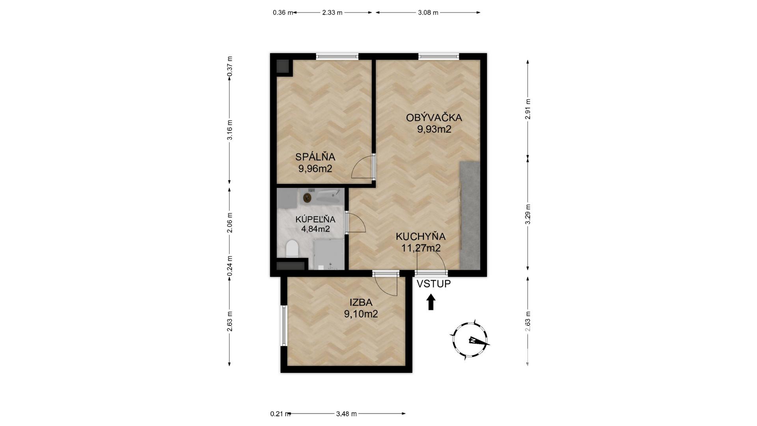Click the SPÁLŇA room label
click(315, 157)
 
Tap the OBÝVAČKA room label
click(434, 118)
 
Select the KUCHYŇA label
click(421, 236)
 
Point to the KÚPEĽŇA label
click(315, 219)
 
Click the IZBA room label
click(361, 303)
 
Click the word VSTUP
click(434, 284)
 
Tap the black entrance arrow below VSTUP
click(431, 302)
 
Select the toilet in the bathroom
click(292, 248)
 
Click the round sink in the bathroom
click(308, 197)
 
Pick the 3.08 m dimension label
click(428, 13)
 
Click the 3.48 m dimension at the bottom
click(347, 414)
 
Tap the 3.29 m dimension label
click(528, 214)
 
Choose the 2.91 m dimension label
click(528, 109)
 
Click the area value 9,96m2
click(315, 169)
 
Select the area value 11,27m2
click(421, 248)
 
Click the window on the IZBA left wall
click(283, 325)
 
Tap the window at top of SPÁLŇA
click(337, 56)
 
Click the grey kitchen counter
click(470, 215)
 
